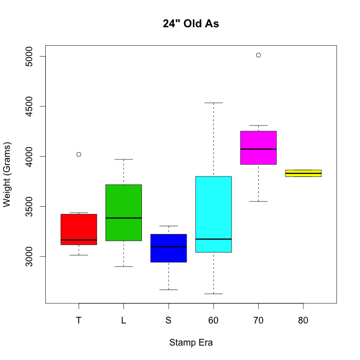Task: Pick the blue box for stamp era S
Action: click(168, 248)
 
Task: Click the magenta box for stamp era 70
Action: click(258, 148)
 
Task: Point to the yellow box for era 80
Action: click(303, 173)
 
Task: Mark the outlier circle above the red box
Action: click(79, 154)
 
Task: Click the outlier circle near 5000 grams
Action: click(258, 55)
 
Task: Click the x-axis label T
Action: click(79, 320)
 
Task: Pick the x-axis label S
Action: click(168, 320)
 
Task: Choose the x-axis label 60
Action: click(213, 320)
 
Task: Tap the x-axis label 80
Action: click(303, 320)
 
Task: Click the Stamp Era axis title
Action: click(191, 343)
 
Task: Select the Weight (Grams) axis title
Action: click(7, 174)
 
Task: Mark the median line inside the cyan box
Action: click(213, 239)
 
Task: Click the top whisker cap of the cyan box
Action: click(213, 103)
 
